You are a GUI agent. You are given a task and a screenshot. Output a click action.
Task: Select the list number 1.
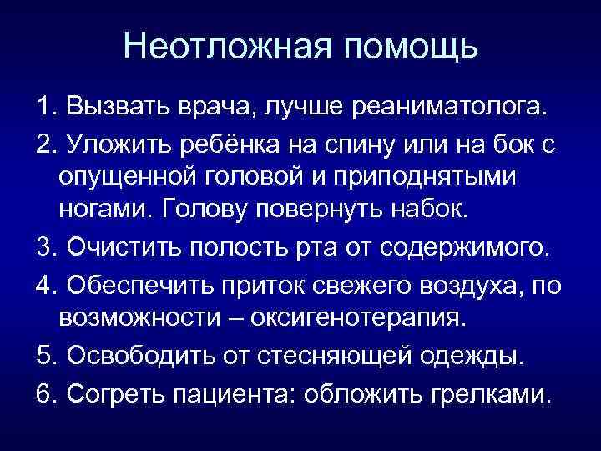pos(45,107)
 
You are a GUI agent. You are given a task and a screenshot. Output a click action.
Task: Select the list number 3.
pos(45,249)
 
